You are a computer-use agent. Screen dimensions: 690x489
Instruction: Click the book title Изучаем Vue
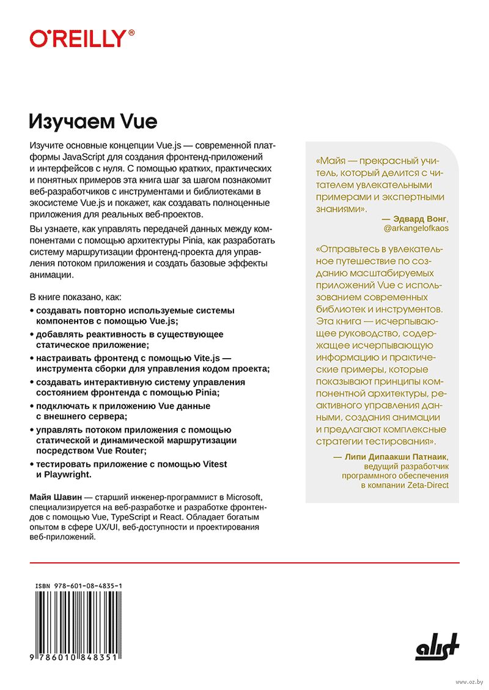click(x=94, y=121)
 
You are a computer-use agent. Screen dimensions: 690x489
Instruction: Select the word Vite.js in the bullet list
click(x=204, y=358)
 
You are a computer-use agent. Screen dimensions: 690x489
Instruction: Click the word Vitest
click(x=209, y=464)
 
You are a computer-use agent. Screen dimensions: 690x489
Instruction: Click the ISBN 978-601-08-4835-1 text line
click(x=78, y=585)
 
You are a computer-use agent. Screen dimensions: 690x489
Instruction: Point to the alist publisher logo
click(x=437, y=647)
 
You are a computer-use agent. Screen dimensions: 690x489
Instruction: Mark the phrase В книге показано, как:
click(x=76, y=297)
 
